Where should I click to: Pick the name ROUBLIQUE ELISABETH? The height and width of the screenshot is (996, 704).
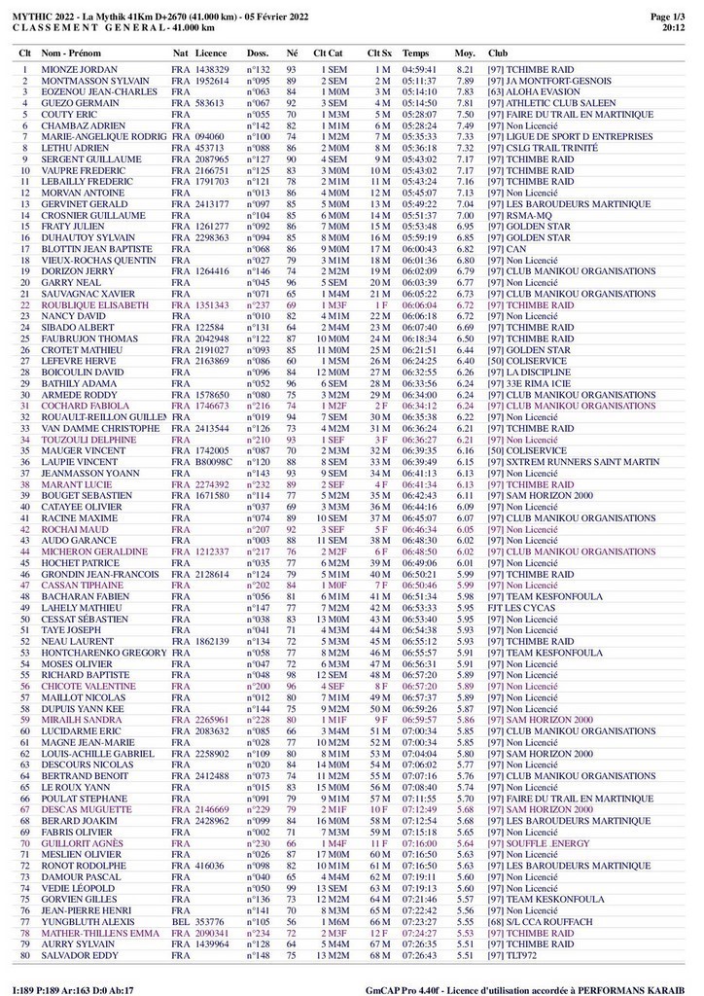click(90, 305)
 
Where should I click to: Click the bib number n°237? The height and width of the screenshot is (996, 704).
click(258, 305)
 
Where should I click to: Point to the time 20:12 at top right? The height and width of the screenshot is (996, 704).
click(673, 28)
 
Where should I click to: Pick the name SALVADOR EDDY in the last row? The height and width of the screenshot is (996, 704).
click(80, 955)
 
